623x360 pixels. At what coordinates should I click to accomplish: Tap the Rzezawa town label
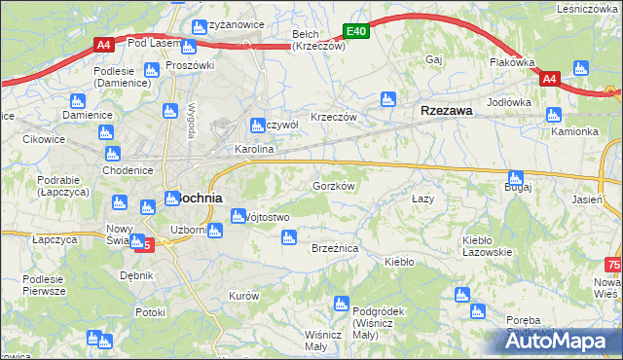[447, 111]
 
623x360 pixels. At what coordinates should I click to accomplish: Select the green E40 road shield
[356, 32]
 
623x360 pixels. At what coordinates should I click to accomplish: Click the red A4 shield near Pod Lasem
[105, 44]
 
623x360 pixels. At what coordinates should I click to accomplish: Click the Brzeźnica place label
[335, 249]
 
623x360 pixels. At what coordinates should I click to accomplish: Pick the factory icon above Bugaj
[515, 178]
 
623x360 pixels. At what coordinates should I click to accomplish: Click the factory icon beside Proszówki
[152, 69]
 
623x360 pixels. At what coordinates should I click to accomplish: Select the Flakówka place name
[514, 63]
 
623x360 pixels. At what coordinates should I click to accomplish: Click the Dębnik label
[137, 275]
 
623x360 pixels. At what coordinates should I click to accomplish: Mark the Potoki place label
[151, 312]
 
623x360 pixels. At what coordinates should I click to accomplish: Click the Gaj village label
[434, 59]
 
